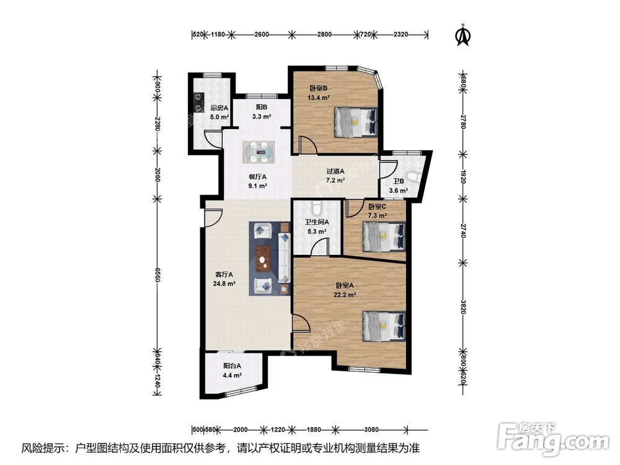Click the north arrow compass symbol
[x=463, y=35]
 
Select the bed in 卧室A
[x=384, y=326]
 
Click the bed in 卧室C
[x=384, y=236]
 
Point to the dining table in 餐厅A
[x=259, y=152]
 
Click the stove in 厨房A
[x=198, y=102]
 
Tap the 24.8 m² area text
[x=224, y=283]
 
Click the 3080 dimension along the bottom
[x=371, y=430]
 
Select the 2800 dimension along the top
[x=324, y=34]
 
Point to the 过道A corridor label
[x=335, y=171]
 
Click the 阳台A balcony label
[x=232, y=366]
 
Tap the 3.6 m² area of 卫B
[x=398, y=190]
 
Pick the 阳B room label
[x=262, y=107]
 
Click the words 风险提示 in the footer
[x=42, y=448]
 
